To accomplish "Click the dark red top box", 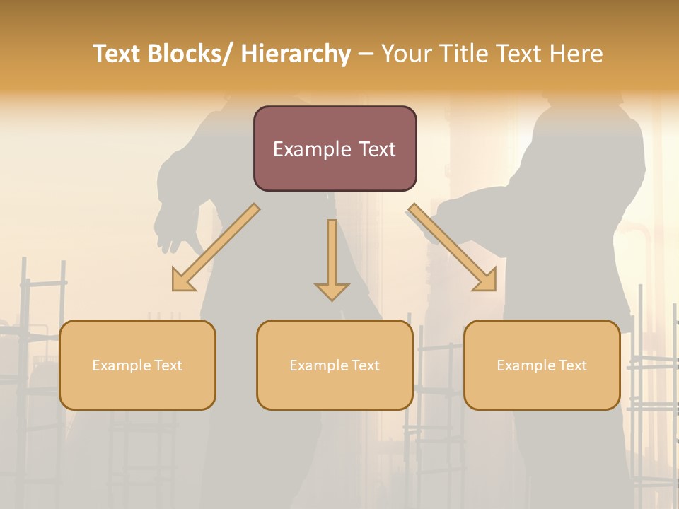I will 335,148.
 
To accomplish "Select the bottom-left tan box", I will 137,365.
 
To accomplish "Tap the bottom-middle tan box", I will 335,365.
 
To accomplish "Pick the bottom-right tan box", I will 542,365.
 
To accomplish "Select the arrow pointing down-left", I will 215,248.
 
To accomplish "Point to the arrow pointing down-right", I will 453,248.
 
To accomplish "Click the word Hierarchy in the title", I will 296,54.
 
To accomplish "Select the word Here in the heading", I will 576,54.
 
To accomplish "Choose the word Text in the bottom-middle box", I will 364,365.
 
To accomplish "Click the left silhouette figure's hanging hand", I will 170,233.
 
